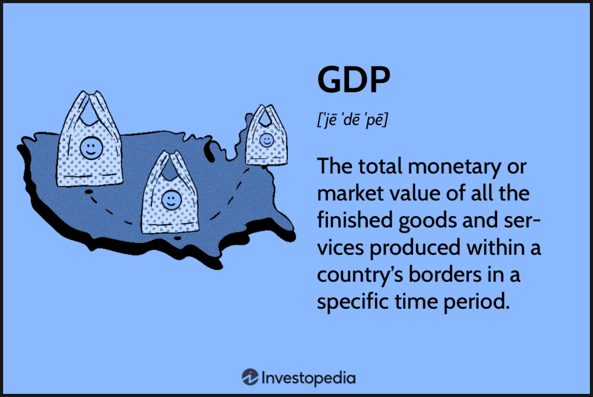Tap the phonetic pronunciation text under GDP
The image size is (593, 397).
[352, 120]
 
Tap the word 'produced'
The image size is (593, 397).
[415, 249]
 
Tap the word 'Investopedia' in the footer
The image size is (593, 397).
[309, 378]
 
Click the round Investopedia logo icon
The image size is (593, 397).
[250, 377]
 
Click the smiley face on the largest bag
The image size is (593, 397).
[91, 148]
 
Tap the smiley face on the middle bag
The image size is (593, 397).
[171, 200]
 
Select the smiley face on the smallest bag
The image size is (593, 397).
[266, 141]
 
